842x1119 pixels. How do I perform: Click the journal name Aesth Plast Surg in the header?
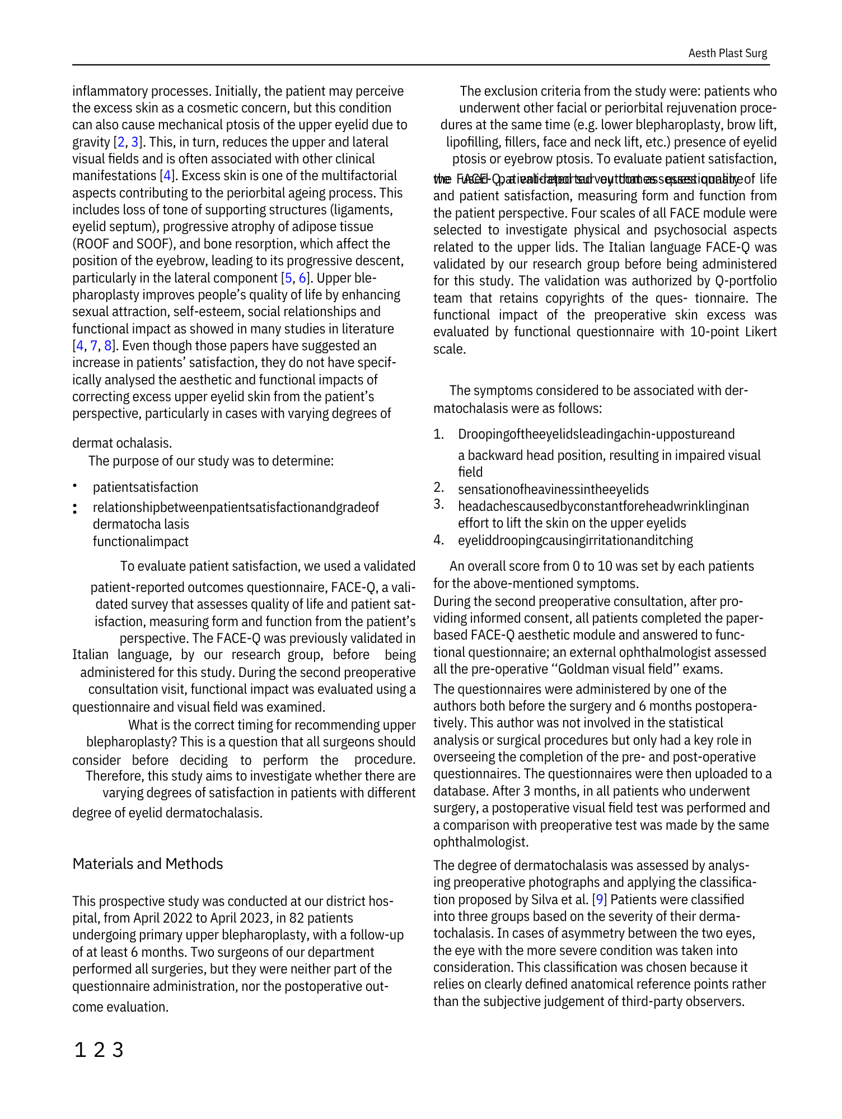point(727,53)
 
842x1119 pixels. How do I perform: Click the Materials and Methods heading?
point(148,864)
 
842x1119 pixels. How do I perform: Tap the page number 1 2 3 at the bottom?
point(99,1050)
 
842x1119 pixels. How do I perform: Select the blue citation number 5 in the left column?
point(289,278)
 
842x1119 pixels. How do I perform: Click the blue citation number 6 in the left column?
point(302,278)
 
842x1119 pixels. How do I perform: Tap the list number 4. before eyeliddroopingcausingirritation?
point(439,540)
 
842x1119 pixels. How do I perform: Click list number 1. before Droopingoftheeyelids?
point(439,434)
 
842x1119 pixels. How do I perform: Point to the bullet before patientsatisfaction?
point(74,487)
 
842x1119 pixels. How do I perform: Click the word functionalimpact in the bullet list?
point(141,542)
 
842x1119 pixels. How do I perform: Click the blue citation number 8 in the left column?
point(107,346)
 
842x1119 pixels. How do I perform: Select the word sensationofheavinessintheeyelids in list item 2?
point(553,490)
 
